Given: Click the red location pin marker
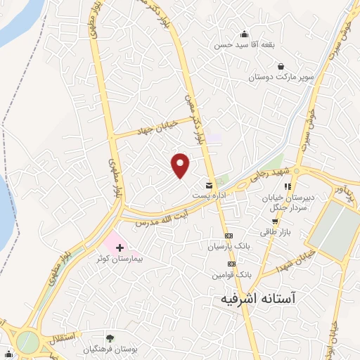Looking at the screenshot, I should point(181,165).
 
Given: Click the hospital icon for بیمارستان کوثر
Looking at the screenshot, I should point(120,247).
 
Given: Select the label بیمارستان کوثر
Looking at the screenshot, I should point(120,259).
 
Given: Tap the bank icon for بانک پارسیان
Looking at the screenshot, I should point(229,236).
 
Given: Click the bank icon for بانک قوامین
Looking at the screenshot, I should point(231,263).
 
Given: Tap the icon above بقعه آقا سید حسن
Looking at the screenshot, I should point(244,34).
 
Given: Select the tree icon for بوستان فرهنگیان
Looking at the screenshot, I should point(109,338).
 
